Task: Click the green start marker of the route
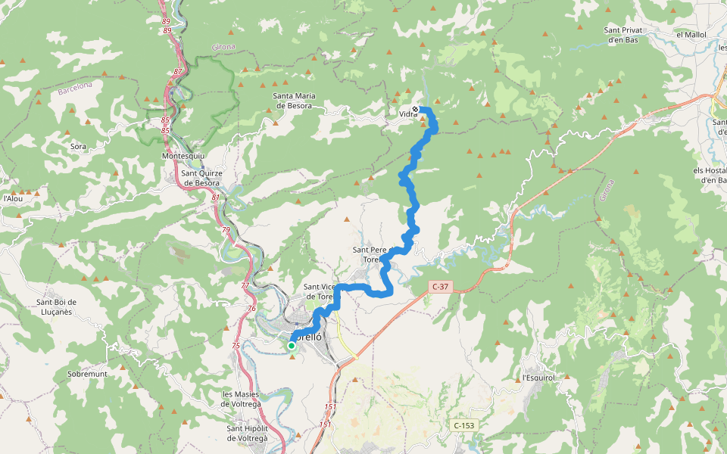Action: point(291,346)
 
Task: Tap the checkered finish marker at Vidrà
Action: point(415,109)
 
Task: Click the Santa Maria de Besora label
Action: point(294,101)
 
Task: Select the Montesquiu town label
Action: point(184,156)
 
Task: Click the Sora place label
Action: point(77,146)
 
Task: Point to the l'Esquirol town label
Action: point(539,378)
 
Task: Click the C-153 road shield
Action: point(463,426)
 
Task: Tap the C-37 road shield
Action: point(441,287)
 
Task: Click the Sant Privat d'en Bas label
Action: point(623,35)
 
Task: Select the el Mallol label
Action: point(690,35)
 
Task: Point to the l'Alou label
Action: point(11,198)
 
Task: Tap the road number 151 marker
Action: point(329,407)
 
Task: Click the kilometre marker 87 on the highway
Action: point(178,71)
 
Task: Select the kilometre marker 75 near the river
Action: point(236,345)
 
